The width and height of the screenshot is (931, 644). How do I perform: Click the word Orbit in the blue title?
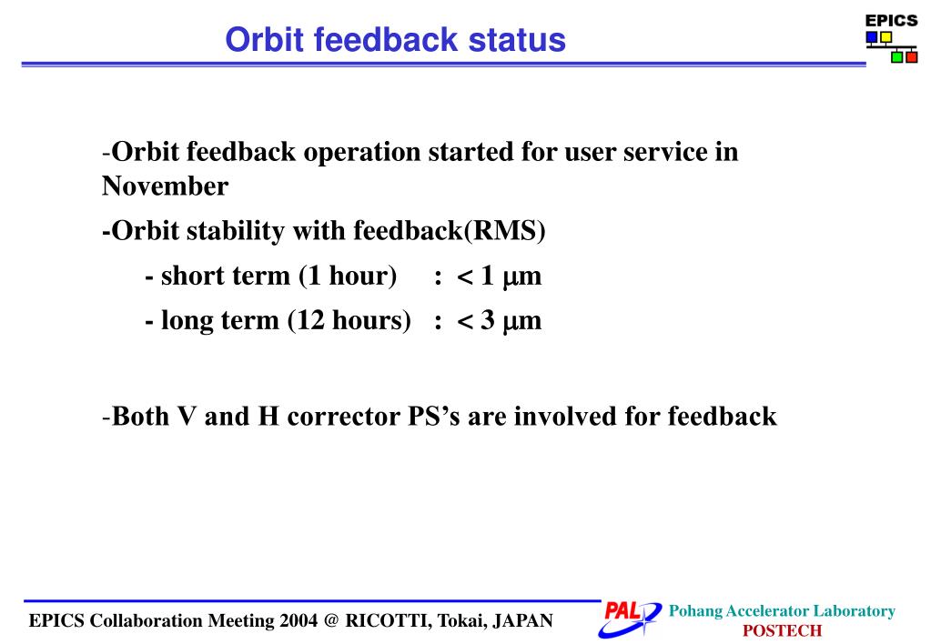point(265,40)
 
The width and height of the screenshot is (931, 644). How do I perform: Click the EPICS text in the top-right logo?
point(891,21)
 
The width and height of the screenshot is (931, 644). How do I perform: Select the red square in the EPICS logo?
point(911,57)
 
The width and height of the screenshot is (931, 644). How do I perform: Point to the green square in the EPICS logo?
point(896,57)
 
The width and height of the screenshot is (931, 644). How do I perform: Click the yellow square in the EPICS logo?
point(885,37)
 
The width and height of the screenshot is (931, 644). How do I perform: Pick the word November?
point(165,186)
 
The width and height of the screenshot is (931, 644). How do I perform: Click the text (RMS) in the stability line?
point(505,231)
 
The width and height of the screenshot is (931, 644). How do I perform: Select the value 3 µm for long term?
point(511,320)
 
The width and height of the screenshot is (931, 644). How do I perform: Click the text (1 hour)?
point(348,276)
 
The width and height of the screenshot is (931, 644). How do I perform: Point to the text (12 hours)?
point(349,320)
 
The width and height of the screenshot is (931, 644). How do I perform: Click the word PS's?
point(434,416)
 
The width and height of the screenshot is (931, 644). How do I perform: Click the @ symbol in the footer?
point(332,621)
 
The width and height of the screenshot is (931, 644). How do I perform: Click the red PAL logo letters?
point(622,610)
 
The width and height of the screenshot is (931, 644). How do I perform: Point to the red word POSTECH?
point(782,630)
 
